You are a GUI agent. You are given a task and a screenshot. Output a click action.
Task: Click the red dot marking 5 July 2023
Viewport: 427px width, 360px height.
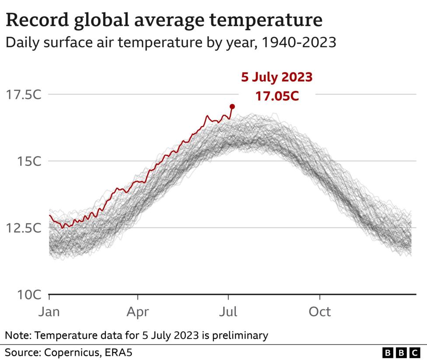coord(232,106)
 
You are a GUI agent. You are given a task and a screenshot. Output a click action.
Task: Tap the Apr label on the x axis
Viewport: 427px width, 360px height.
coord(138,312)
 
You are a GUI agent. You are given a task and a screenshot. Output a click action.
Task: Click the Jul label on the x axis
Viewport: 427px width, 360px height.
coord(228,312)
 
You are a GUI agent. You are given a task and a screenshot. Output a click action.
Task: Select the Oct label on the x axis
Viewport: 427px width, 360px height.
coord(320,312)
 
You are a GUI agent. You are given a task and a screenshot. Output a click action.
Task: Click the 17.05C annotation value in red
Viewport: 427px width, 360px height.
coord(277,96)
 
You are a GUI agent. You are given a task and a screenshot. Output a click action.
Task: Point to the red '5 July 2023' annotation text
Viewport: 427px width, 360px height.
coord(276,77)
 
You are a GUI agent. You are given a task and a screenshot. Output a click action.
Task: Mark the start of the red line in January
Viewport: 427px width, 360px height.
coord(49,215)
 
